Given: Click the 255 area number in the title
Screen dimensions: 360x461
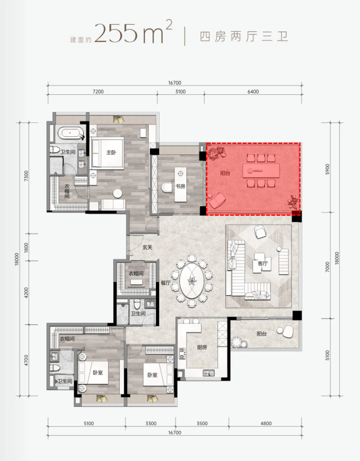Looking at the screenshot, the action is coord(116,33).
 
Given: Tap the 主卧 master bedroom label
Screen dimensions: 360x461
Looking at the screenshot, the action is coord(111,152).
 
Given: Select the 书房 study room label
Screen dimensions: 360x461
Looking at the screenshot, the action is coord(180,186).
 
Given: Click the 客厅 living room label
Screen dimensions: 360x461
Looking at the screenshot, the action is coord(262,264).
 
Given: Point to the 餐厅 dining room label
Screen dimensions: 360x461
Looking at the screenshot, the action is coord(165,283).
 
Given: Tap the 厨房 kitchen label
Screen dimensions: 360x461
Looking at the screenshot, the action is coord(202,347).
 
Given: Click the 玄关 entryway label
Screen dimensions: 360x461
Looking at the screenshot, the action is coord(147,247).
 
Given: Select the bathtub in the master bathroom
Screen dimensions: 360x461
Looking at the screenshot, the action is coord(71,133).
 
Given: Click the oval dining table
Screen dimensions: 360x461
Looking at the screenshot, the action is coord(192,281).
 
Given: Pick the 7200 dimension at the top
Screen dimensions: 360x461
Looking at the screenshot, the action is coord(98,92).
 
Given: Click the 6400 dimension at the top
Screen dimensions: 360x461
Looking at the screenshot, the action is coord(253,92).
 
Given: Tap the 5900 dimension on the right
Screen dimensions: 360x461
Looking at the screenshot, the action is coord(327,169).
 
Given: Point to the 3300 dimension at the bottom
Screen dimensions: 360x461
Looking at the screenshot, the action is coord(151,424).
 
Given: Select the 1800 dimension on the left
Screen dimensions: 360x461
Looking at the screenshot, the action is coord(26,247).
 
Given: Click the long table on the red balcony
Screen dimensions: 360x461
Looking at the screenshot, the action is coord(261,171).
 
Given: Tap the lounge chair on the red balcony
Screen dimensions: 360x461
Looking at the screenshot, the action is coord(217,200).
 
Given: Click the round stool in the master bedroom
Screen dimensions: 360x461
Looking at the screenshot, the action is coord(118,194).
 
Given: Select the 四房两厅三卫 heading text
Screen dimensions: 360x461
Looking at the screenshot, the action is coord(244,36).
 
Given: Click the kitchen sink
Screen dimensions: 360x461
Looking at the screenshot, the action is coord(209,373).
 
